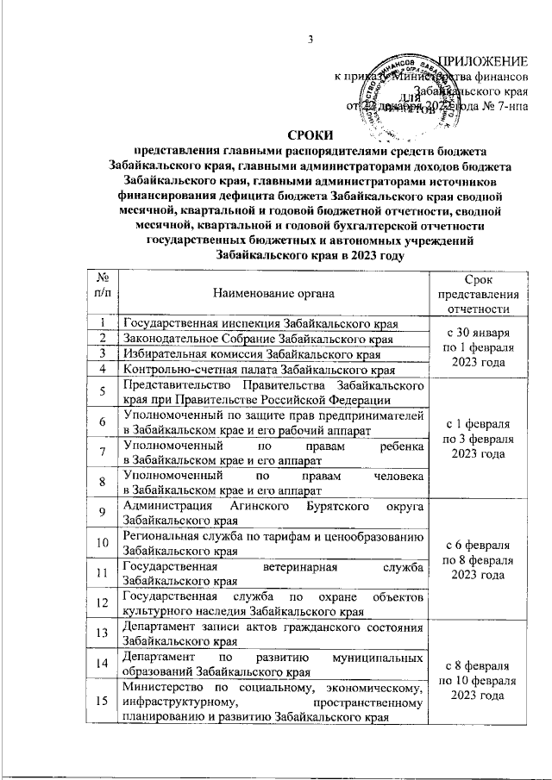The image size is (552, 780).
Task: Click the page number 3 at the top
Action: coord(310,37)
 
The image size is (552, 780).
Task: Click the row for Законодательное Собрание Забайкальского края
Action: coord(259,339)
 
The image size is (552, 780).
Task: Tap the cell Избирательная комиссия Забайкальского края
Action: coord(253,354)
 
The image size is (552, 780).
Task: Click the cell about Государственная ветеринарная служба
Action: coord(273,573)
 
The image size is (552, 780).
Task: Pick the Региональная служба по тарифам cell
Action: coord(273,543)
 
